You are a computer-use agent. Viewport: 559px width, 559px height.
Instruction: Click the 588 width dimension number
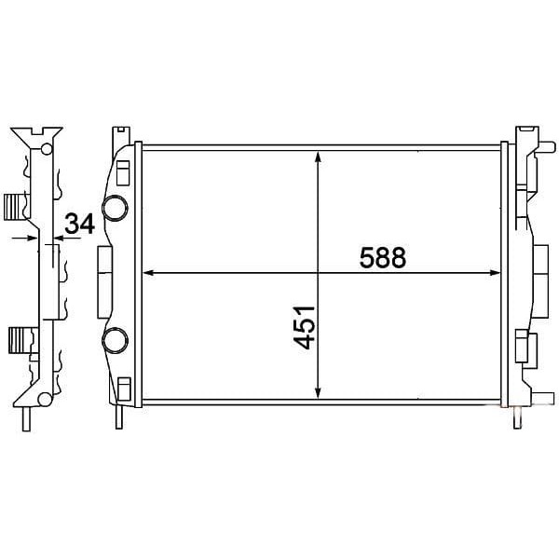383,257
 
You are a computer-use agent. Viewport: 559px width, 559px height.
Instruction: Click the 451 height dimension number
304,327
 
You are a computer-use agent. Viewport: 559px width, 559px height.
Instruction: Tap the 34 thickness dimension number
79,224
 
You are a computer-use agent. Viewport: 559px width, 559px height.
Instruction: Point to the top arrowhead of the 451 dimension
319,157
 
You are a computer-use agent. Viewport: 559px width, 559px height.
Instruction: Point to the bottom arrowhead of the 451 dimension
319,392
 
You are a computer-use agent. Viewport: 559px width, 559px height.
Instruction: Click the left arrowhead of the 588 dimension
148,273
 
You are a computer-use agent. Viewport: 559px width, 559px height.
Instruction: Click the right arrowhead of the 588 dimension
495,273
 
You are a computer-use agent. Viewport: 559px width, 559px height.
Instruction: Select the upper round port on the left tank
115,208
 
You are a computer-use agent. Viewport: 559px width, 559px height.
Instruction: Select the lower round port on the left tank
115,340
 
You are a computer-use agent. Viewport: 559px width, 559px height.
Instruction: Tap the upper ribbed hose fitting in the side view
15,207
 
